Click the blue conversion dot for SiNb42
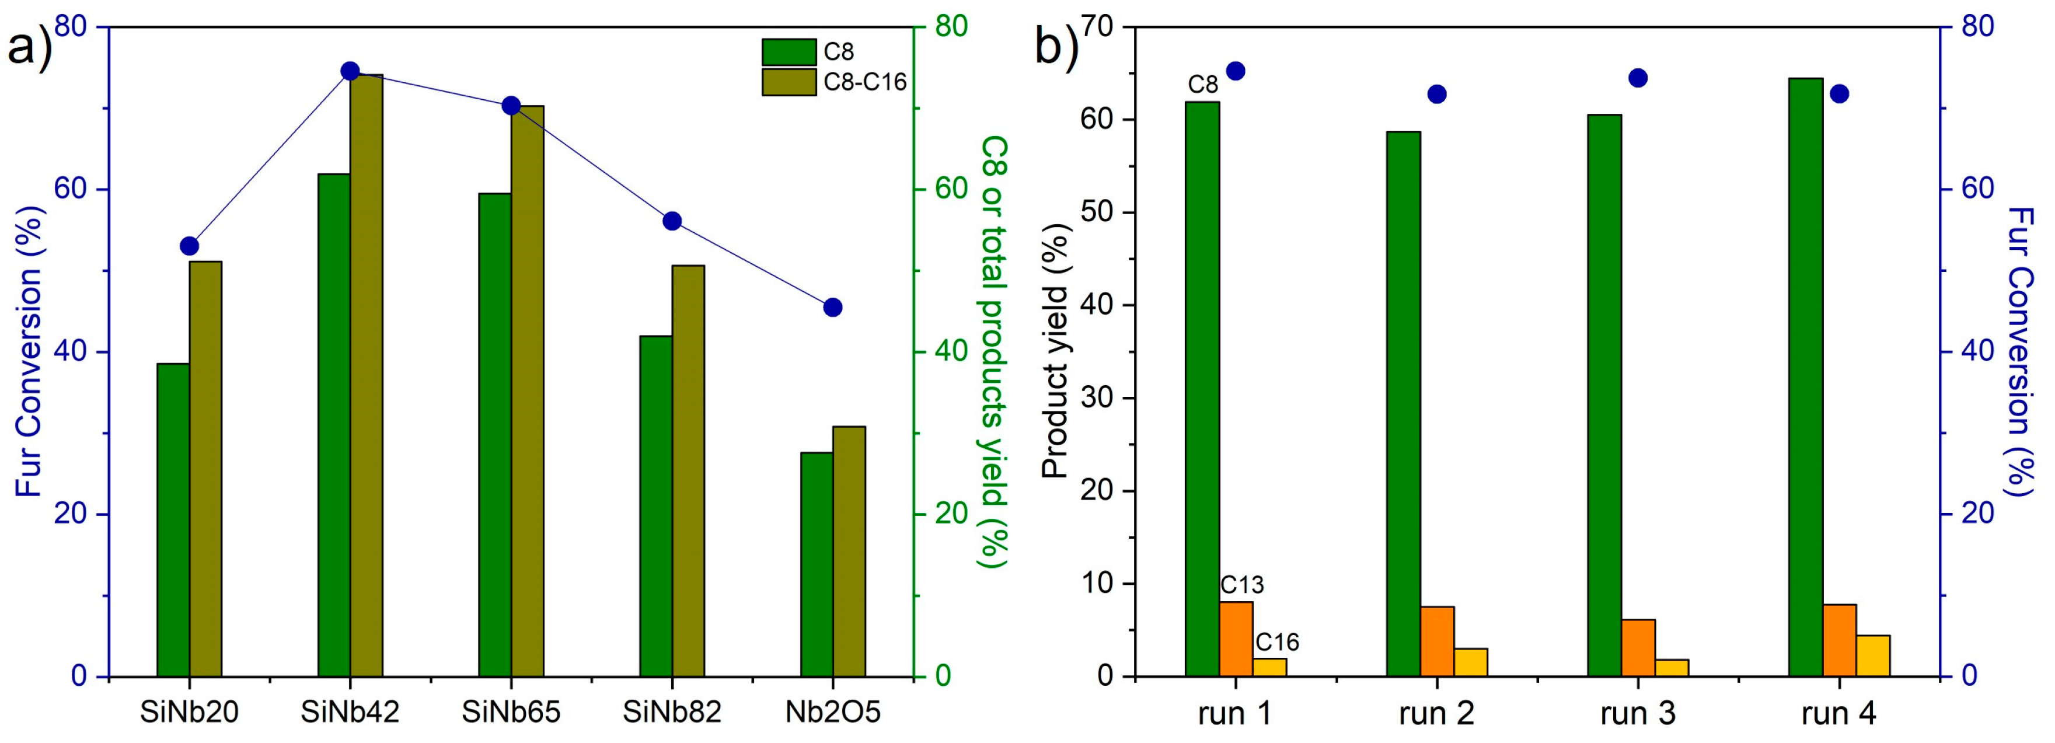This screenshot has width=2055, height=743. click(x=350, y=71)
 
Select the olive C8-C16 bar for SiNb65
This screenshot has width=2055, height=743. click(x=527, y=391)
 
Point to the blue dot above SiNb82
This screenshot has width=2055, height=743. click(x=672, y=221)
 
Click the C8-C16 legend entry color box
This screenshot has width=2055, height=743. click(x=788, y=81)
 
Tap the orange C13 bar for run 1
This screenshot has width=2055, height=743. click(x=1236, y=639)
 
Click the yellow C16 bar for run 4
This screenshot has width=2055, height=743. click(x=1873, y=656)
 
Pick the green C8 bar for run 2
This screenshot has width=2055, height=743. click(x=1403, y=404)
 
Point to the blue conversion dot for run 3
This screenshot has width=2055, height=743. click(x=1638, y=78)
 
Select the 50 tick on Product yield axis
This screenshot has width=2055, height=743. click(x=1100, y=213)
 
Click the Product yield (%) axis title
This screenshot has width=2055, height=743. click(x=1055, y=351)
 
